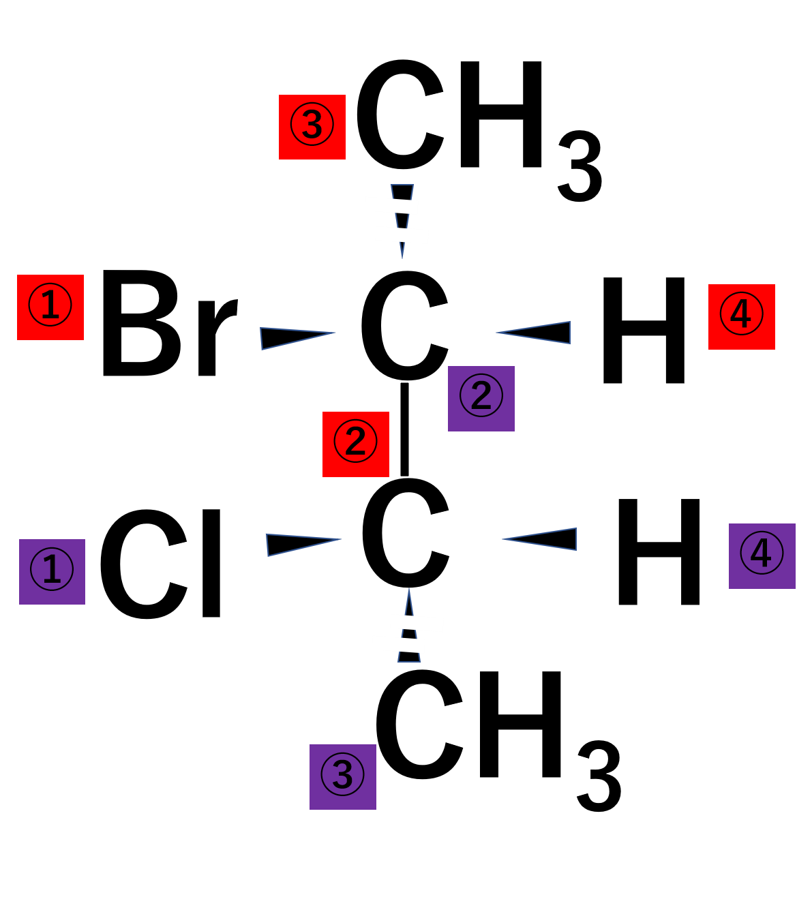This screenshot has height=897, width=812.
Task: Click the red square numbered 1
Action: (50, 307)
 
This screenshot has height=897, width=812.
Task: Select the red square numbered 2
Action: (356, 444)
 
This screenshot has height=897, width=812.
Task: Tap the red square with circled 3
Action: (312, 127)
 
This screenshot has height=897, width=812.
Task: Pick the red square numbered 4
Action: (742, 317)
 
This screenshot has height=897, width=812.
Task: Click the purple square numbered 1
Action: (52, 572)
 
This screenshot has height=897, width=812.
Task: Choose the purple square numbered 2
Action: (481, 399)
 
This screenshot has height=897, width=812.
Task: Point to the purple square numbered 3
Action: (343, 777)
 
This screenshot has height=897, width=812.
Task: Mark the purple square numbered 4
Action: (762, 556)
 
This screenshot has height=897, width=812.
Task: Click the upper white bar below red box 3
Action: (391, 206)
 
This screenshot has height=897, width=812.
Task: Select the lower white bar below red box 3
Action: (402, 235)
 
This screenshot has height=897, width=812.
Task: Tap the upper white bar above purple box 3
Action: (417, 623)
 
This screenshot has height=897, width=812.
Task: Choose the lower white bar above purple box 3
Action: (398, 644)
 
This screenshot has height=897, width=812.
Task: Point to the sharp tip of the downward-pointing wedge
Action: (402, 257)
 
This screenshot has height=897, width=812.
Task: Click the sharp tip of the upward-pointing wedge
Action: (409, 590)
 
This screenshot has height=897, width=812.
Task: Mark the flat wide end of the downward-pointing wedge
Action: (402, 185)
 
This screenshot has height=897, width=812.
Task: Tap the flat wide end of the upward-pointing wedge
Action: (409, 661)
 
